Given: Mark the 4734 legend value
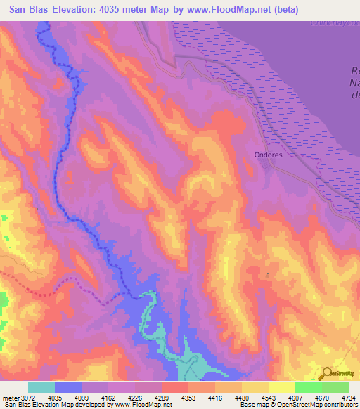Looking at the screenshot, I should (348, 397).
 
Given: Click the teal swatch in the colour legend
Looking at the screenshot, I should (41, 387).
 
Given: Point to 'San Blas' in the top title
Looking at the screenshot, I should (31, 10).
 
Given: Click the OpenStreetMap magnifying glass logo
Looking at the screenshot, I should (326, 373).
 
